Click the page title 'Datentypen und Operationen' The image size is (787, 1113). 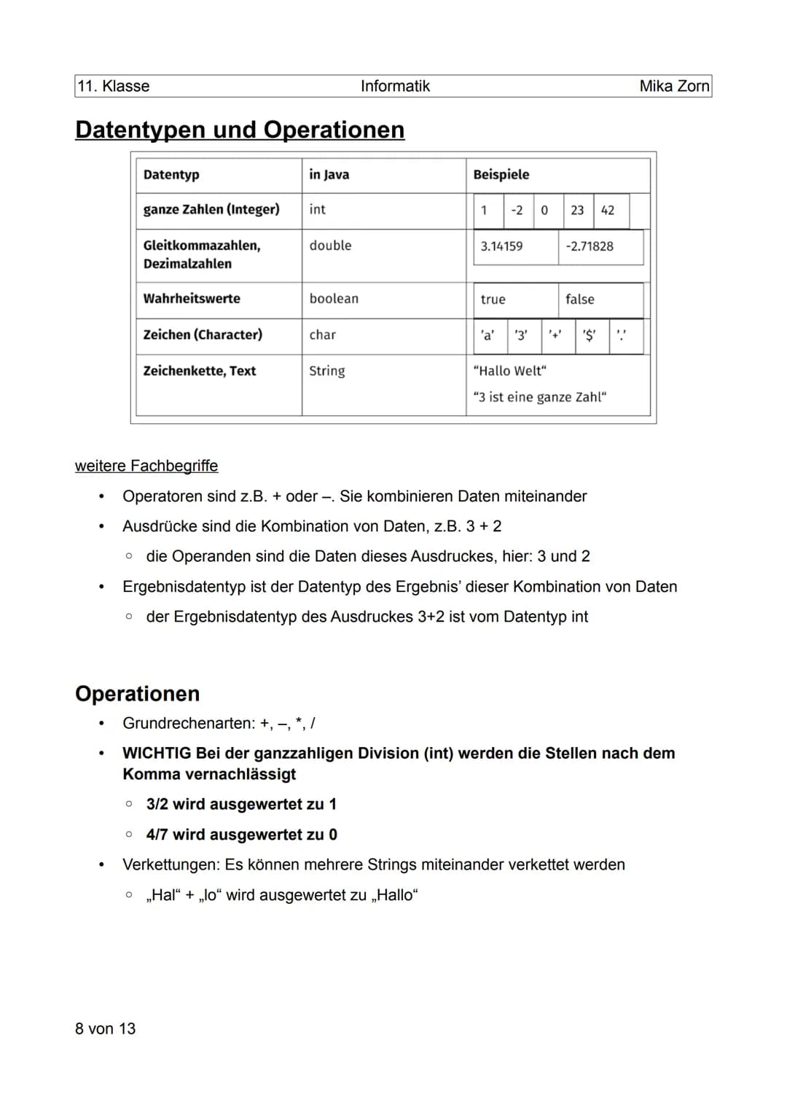click(240, 130)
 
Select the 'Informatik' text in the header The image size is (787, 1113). click(395, 86)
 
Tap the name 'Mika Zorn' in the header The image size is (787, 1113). click(673, 86)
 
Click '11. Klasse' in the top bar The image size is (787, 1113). click(114, 86)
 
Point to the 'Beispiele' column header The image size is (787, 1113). click(501, 175)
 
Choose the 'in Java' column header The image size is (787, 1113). click(329, 175)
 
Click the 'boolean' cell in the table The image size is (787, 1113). click(334, 299)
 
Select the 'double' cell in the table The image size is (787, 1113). click(330, 246)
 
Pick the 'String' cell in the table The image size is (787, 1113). click(326, 371)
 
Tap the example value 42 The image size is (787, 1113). click(608, 211)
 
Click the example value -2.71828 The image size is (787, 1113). click(590, 246)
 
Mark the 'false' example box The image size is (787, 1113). click(580, 300)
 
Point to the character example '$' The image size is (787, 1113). click(589, 335)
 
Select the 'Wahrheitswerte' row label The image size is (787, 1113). click(192, 299)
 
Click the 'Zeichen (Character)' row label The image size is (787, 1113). click(203, 335)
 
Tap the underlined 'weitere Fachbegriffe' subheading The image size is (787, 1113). click(146, 466)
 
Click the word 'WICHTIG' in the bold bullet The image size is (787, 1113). click(157, 753)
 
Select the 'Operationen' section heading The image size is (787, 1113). click(137, 693)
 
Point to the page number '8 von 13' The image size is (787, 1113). click(106, 1028)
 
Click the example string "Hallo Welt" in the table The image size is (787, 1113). click(510, 371)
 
